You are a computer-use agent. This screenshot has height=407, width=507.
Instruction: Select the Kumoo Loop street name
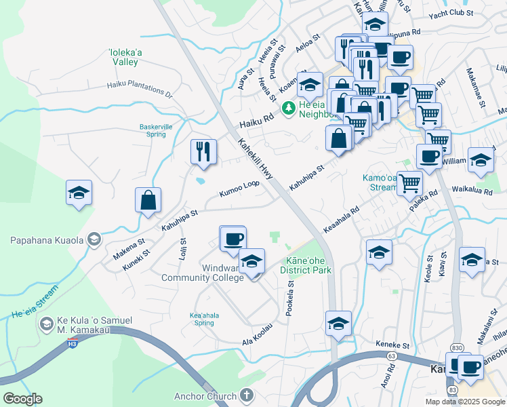click(x=239, y=189)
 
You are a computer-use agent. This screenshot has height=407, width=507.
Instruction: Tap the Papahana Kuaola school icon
click(x=94, y=239)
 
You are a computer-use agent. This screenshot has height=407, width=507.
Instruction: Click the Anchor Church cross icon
click(x=246, y=395)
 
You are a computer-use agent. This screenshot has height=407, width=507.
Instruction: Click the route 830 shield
click(x=456, y=348)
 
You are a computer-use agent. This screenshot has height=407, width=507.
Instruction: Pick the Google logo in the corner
click(x=22, y=398)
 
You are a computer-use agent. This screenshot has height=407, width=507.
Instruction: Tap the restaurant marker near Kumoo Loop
click(x=203, y=151)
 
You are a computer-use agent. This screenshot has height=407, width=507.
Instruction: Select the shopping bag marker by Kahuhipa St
click(x=148, y=200)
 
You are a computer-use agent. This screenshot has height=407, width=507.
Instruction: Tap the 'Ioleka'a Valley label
click(x=124, y=57)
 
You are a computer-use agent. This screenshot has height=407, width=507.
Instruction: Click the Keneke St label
click(x=392, y=345)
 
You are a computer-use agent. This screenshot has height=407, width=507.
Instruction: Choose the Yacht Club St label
click(x=451, y=13)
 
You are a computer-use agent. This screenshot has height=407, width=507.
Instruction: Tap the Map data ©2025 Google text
click(x=464, y=401)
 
